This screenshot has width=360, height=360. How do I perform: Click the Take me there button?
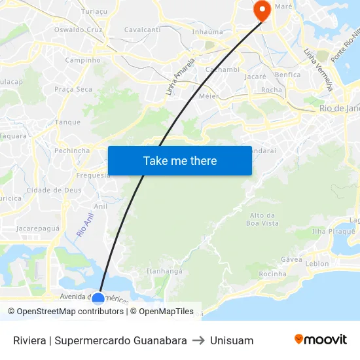180,161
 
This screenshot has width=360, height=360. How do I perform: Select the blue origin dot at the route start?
98,299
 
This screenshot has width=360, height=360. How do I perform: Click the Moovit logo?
320,340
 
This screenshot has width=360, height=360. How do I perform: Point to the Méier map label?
209,96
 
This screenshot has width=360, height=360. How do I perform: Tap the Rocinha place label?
272,274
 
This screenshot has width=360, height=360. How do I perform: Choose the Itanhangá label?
164,271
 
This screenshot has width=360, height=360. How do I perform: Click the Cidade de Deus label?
54,190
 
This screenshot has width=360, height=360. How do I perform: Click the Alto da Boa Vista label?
262,219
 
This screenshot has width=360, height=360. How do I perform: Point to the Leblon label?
317,264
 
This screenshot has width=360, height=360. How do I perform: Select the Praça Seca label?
73,89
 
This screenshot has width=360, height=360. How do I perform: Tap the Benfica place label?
288,75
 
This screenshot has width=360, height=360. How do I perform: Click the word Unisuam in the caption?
232,340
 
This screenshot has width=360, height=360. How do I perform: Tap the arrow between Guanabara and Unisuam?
198,340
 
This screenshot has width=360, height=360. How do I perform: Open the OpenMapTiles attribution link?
166,312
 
